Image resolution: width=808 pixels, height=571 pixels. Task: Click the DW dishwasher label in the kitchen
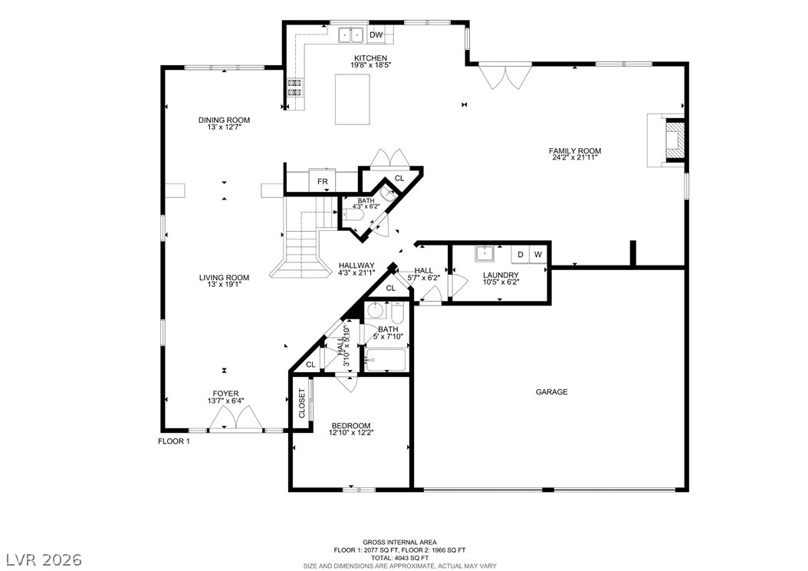coord(376,35)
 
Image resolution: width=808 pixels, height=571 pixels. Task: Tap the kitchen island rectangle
coord(353,99)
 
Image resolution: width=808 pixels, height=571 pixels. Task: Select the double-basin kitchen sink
coord(351,35)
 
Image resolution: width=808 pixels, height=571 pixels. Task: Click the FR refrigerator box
coord(322,181)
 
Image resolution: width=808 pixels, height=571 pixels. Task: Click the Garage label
coord(551,392)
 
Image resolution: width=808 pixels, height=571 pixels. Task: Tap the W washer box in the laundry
coord(538,254)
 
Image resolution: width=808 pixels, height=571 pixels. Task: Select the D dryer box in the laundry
coord(521,254)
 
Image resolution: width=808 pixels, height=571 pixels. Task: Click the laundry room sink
coord(485,254)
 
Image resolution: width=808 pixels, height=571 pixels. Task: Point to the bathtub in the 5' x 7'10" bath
coord(386,360)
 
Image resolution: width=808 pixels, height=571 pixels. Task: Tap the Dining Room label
coord(224,120)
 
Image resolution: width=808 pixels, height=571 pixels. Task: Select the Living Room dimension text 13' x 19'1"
coord(224,284)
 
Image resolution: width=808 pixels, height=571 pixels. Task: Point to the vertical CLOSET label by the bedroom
coord(302,404)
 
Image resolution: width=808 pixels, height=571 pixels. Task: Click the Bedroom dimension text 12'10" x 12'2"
coord(351,432)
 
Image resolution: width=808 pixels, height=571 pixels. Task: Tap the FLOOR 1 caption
coord(174,441)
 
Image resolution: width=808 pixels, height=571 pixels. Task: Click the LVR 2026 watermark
coord(44,559)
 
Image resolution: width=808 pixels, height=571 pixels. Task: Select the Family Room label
coord(574,151)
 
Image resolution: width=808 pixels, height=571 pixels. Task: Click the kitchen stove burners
coord(294,87)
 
